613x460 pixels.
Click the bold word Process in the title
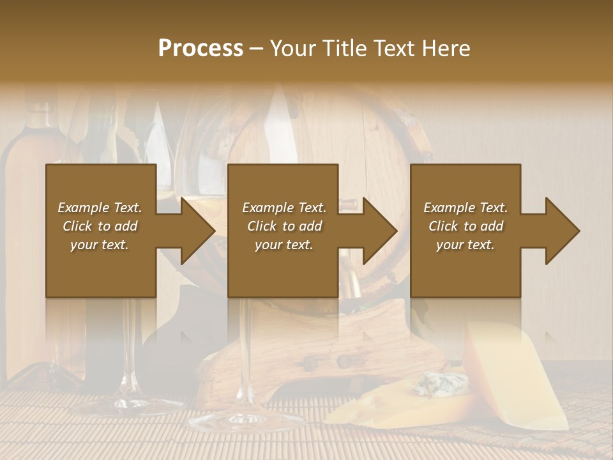tap(201, 48)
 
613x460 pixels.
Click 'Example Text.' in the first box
tap(100, 208)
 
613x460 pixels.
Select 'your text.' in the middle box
tap(284, 245)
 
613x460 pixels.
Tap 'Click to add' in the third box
tap(465, 226)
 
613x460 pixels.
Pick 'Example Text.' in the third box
tap(465, 208)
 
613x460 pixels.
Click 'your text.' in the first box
tap(100, 245)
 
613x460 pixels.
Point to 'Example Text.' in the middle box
tap(284, 208)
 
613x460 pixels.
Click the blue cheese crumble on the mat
tap(440, 384)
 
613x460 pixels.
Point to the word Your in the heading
tap(294, 48)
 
